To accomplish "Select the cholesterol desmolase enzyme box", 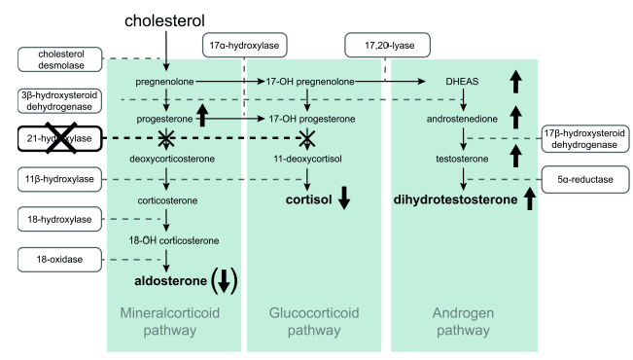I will point(57,58).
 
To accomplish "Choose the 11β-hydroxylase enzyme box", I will point(57,181).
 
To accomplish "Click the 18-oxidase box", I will point(57,260).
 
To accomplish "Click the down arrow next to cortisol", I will point(343,197).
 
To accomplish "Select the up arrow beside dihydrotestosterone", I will point(530,199).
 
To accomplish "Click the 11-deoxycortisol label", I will point(307,159).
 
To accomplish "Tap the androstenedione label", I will point(463,119).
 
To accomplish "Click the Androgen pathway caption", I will point(463,321).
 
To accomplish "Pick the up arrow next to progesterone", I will point(203,116).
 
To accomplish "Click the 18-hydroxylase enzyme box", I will point(57,220).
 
